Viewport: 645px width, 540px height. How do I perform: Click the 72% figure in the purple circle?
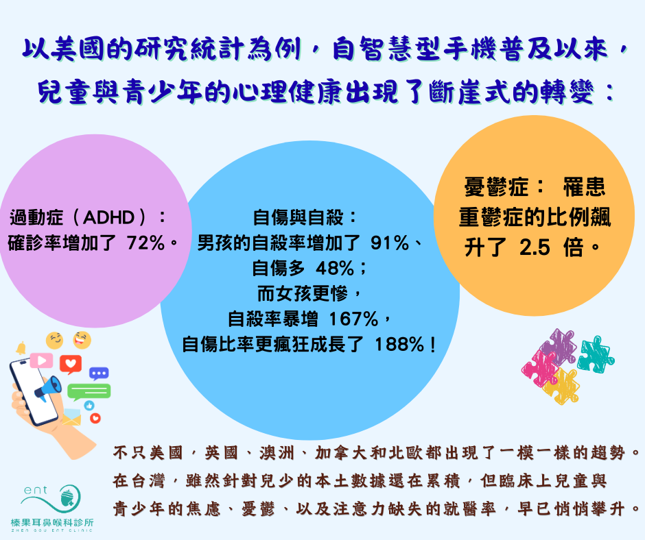(146, 243)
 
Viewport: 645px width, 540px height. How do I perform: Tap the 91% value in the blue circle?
(390, 243)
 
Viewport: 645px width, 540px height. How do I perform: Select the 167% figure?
(354, 319)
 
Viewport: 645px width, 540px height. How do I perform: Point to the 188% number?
(399, 345)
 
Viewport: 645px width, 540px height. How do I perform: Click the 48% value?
(335, 269)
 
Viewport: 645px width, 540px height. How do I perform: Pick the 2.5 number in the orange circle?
(535, 248)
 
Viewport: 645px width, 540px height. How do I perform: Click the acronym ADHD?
(109, 217)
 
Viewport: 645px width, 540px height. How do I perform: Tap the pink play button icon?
(41, 361)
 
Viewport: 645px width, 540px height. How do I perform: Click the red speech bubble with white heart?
(71, 365)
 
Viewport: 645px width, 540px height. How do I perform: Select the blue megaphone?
(48, 389)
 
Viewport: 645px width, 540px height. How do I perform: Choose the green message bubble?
(89, 392)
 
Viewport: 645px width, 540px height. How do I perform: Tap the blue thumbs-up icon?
(89, 406)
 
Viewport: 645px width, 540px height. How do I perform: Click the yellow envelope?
(71, 417)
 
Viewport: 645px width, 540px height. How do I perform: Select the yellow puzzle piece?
(561, 386)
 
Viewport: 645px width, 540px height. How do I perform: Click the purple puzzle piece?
(559, 347)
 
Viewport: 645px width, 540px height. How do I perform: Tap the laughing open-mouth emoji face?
(82, 341)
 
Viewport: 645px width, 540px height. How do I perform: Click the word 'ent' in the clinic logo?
(36, 490)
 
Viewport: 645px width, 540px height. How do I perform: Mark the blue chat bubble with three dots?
(99, 374)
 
